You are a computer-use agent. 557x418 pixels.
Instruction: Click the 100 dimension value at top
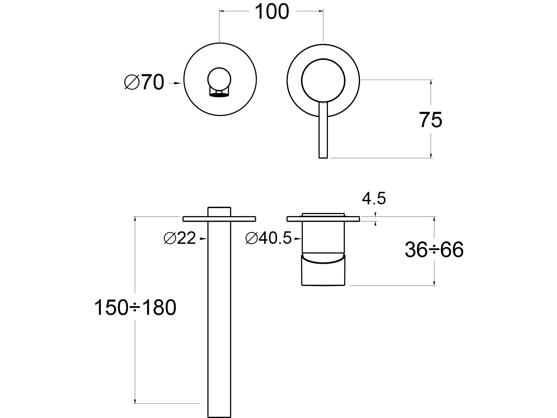coord(272,12)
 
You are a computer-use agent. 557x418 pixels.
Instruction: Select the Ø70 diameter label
coord(144,83)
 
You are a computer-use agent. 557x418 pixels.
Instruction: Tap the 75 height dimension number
coord(431,120)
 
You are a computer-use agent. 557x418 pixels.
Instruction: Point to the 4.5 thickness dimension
coord(374,199)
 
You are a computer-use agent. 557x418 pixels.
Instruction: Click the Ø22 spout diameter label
coord(180,238)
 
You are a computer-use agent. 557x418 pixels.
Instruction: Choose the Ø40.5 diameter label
coord(269,238)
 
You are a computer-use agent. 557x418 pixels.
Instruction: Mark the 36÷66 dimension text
coord(434,250)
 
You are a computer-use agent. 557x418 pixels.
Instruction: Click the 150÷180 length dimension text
coord(135,308)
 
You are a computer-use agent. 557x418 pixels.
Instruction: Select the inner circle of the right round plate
coord(323,80)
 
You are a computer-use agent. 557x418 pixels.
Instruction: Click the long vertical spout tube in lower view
coord(219,312)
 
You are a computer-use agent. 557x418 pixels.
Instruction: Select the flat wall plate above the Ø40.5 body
coord(351,219)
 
